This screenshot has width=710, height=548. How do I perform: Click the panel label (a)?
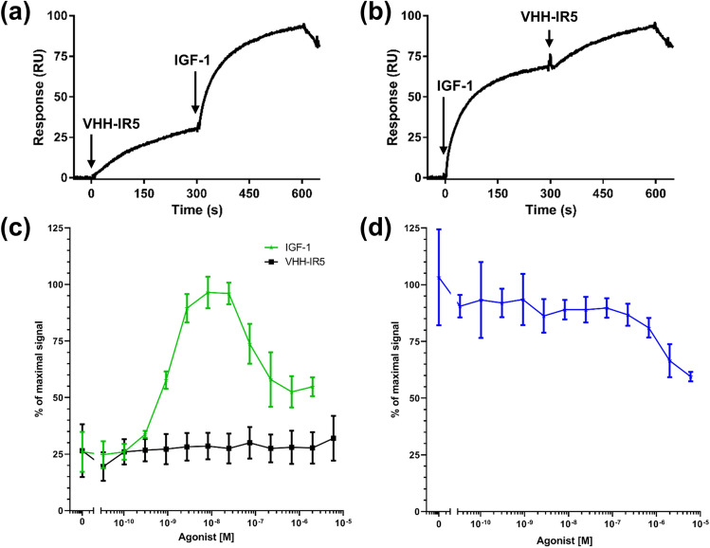(21, 15)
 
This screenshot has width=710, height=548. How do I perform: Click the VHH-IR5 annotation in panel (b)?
(551, 15)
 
